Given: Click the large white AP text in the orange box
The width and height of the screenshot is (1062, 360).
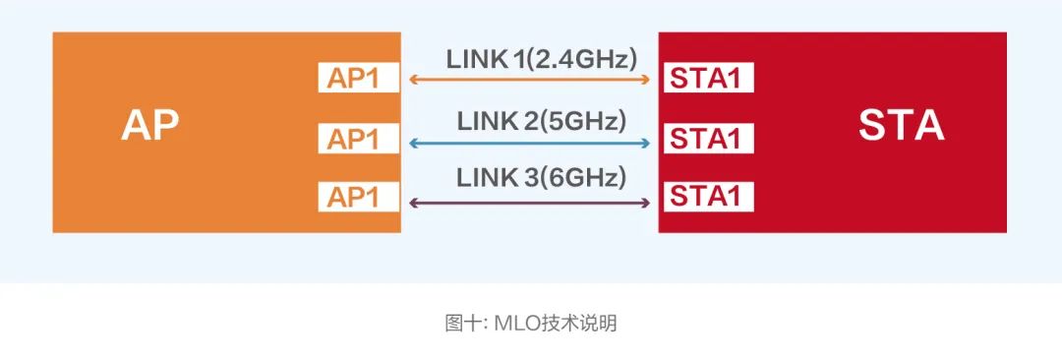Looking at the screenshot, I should (x=150, y=126).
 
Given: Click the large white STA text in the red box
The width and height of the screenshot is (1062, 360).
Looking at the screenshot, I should (x=901, y=126).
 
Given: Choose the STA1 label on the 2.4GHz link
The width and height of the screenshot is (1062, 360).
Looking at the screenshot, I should (x=705, y=79).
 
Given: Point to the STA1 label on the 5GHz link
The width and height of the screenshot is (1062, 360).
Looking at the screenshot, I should (x=705, y=139).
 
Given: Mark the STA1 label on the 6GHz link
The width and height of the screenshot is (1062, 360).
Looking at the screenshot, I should (x=705, y=197).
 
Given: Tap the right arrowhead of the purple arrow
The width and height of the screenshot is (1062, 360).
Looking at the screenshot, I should (x=646, y=203).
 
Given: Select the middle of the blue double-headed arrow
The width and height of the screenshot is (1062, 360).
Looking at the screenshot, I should (x=529, y=144).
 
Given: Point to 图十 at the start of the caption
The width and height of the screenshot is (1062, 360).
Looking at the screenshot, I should (x=460, y=323).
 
